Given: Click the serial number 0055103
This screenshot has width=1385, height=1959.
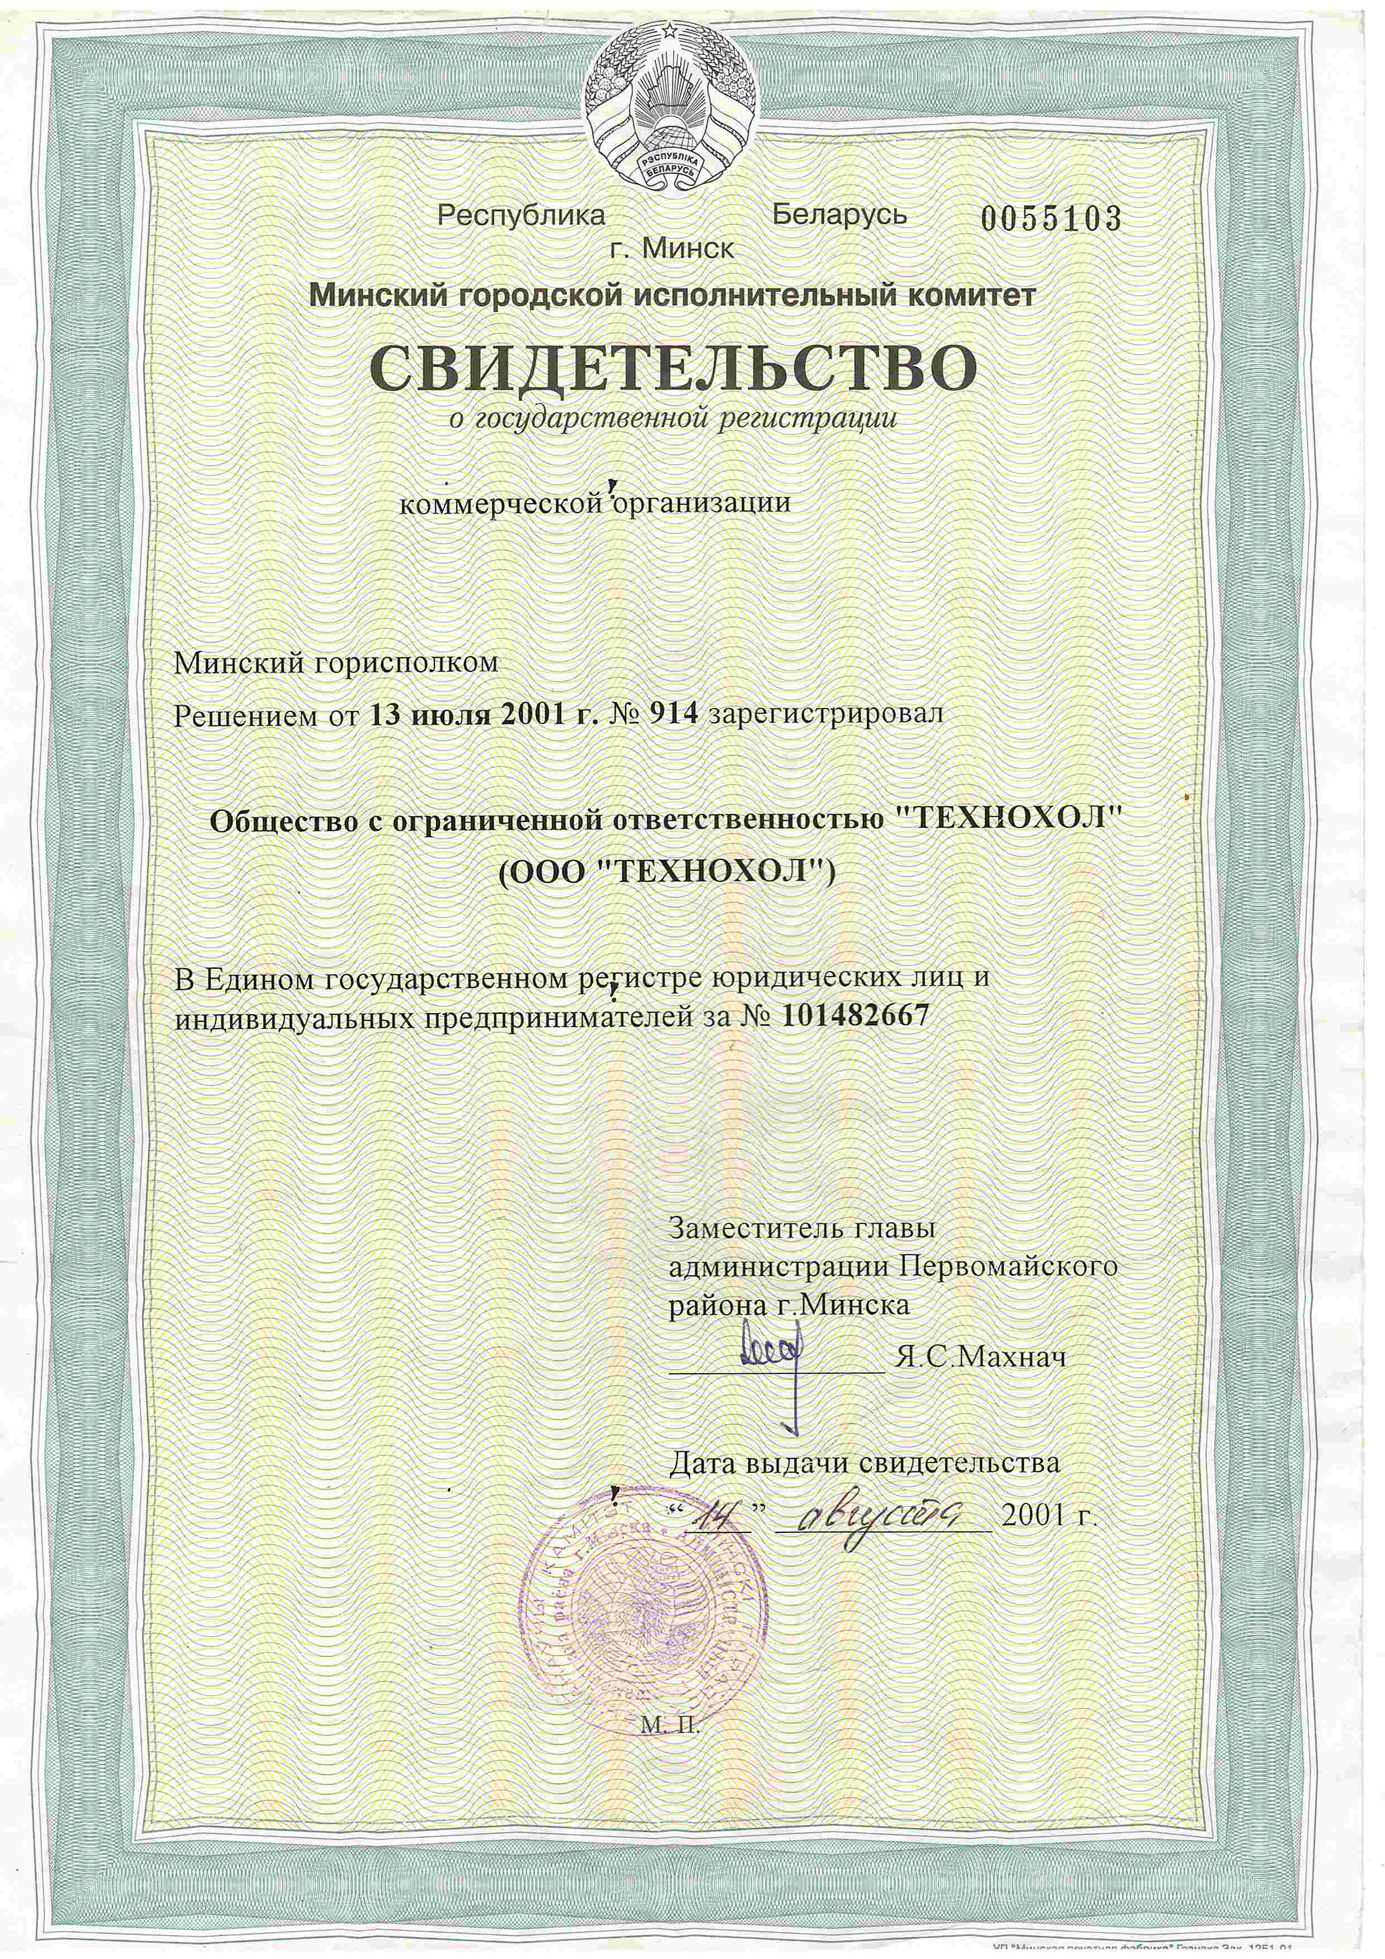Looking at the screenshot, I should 1049,219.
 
